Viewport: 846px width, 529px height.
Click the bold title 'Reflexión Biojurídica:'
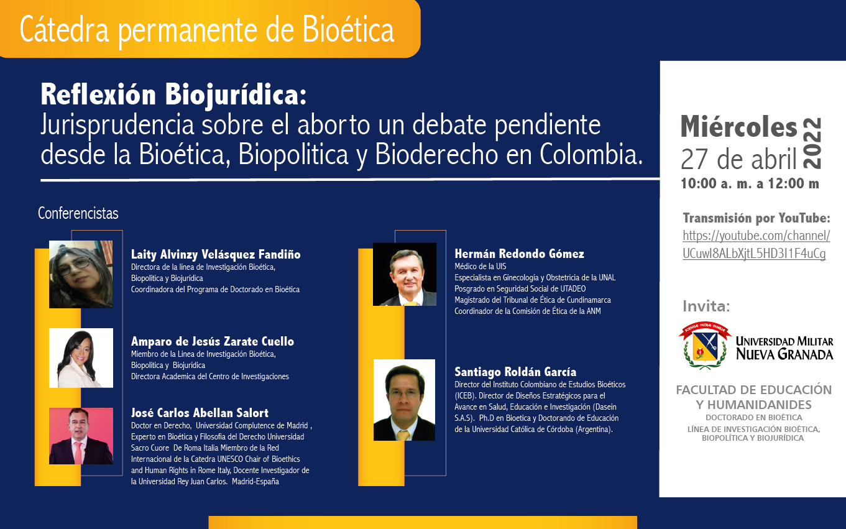173,94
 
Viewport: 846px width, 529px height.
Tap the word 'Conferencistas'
78,213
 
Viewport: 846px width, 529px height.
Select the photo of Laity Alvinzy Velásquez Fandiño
81,275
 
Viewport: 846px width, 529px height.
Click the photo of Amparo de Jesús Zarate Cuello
81,358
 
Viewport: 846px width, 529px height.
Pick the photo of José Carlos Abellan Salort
81,436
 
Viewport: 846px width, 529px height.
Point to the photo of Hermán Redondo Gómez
405,274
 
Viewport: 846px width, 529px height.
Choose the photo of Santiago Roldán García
404,400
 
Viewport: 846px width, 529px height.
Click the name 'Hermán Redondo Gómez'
519,254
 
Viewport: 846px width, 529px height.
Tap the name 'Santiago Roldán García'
515,372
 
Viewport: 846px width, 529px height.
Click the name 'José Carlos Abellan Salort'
200,413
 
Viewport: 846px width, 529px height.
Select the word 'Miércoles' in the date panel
738,126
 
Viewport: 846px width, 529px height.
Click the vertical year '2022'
812,143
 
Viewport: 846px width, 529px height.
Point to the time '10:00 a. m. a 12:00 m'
750,183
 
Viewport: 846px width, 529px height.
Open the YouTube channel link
756,244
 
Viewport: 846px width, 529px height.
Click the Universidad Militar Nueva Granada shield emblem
705,345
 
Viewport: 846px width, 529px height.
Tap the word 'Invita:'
706,306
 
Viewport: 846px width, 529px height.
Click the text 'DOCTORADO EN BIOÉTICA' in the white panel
754,418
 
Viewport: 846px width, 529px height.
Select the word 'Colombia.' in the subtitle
591,154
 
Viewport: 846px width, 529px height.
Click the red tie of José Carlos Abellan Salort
78,452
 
